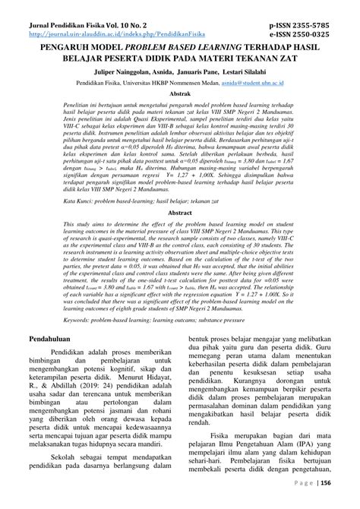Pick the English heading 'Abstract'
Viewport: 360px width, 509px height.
pyautogui.click(x=180, y=213)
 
